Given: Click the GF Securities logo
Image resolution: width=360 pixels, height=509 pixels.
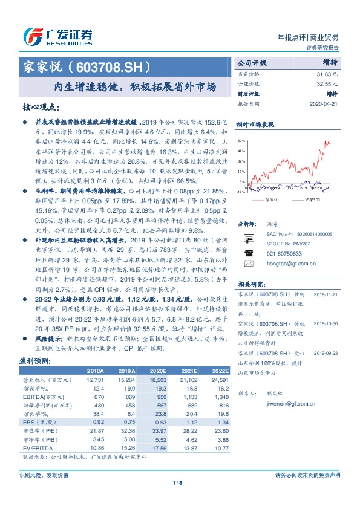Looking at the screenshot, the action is pos(57,38).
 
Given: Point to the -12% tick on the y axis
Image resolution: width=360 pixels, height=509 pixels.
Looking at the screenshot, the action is pos(241,192).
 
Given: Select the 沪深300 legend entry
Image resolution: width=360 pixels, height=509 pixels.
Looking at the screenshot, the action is pos(314,198).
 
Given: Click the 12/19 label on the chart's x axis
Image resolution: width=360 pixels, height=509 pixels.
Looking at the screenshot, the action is pos(302,188).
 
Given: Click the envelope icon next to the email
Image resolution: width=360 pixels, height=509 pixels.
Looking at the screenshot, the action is pos(248,264).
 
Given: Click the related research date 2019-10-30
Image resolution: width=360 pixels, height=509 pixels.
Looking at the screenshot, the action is pos(327,324).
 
